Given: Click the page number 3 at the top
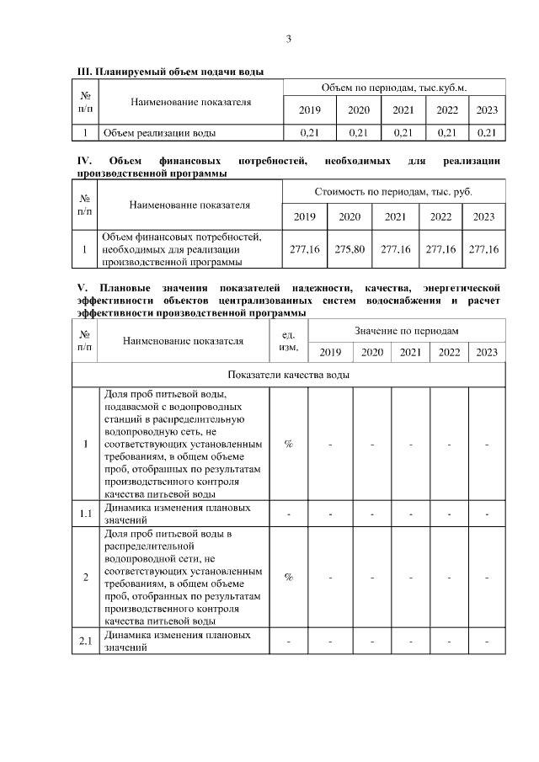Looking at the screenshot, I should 288,39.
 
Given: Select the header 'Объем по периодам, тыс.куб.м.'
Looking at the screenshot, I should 394,88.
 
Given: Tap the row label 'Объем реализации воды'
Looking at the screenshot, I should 158,133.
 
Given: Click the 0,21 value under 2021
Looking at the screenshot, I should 403,133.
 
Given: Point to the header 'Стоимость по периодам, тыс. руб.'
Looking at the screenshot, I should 394,192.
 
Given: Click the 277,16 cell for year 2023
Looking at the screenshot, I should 484,249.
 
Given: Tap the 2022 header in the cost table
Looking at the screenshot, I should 441,217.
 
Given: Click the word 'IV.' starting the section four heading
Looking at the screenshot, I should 84,160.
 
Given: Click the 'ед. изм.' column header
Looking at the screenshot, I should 288,341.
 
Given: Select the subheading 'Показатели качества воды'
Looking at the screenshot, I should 289,375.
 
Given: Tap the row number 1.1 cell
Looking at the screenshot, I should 85,514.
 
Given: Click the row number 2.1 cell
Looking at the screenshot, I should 85,643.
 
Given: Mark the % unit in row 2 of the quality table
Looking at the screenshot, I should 288,578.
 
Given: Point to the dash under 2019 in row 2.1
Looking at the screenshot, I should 330,643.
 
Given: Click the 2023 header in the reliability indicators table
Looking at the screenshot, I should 487,352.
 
